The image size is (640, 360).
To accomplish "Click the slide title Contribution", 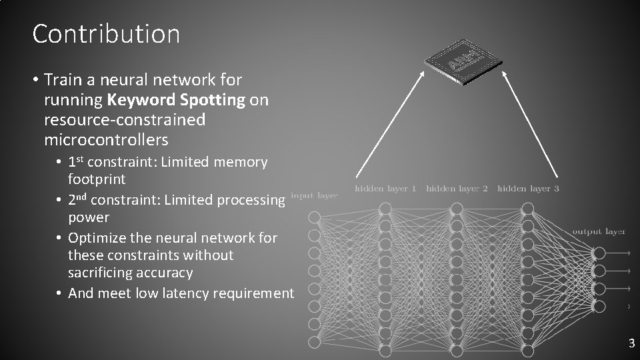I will (106, 33).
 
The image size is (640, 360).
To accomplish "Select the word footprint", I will (97, 179).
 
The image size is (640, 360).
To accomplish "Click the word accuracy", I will (163, 273).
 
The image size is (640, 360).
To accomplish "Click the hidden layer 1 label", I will (385, 189).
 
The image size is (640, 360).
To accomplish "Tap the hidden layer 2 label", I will (457, 189).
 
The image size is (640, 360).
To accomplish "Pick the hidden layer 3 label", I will (528, 189).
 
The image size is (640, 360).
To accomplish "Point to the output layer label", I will (598, 231).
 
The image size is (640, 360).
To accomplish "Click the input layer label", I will (314, 196).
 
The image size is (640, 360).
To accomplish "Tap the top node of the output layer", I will (599, 253).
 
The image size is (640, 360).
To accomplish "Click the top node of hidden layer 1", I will (385, 209).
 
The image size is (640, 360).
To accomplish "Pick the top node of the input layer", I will (314, 217).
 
